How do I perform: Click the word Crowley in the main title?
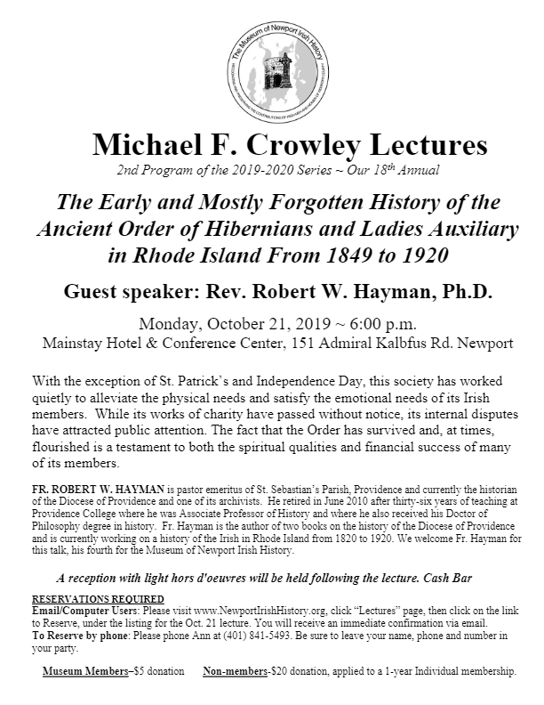(281, 145)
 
